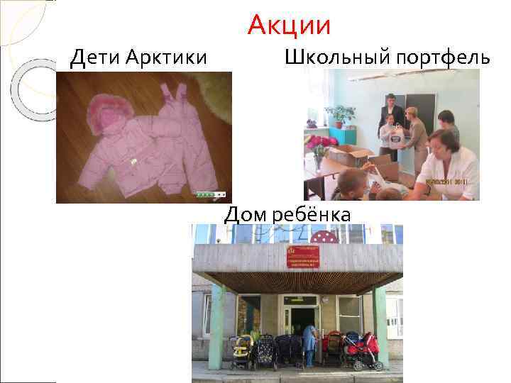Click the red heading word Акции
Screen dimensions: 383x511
point(290,26)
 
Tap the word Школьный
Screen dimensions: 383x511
point(333,57)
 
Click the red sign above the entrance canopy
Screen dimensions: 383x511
point(303,257)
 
